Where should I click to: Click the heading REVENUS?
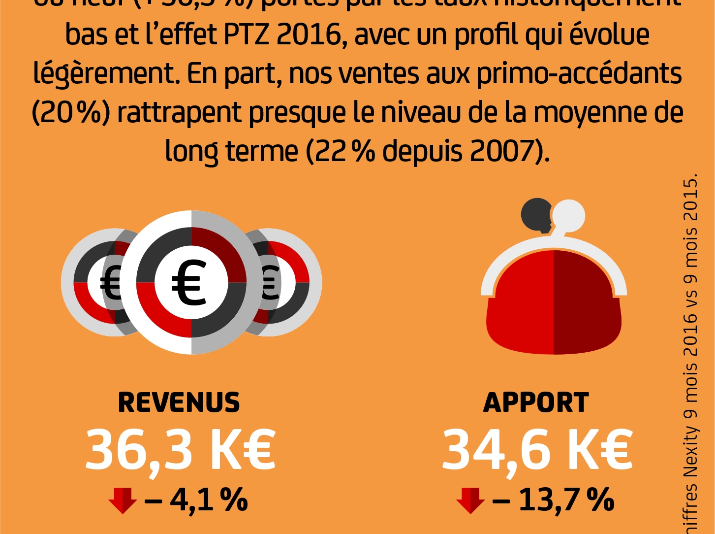(179, 402)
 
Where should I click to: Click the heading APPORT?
(536, 402)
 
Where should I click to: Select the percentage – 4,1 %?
(196, 500)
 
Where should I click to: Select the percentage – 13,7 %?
(553, 500)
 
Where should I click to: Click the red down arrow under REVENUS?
(123, 500)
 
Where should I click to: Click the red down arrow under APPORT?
(470, 500)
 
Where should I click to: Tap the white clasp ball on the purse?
(569, 216)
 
